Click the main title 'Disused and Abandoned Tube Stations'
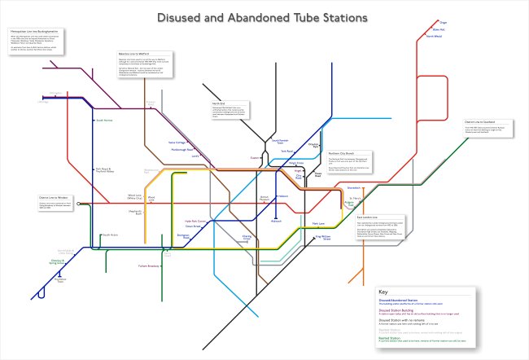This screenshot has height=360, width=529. tap(264, 17)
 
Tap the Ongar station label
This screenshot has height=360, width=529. tap(467, 23)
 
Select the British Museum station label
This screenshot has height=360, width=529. tap(264, 199)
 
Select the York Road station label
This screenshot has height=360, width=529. tap(287, 151)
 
